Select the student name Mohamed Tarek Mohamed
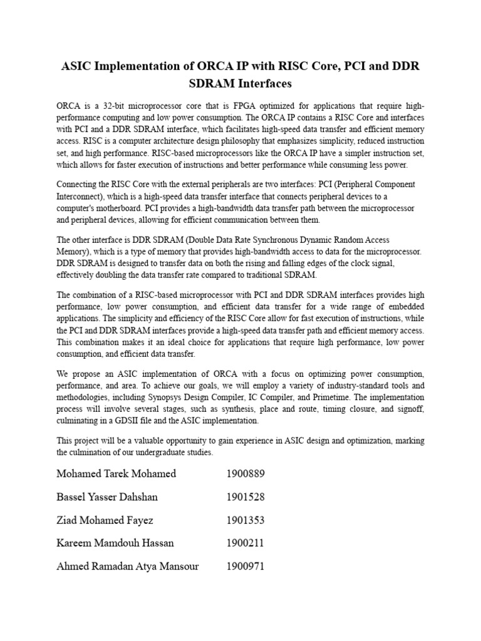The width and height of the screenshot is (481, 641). click(116, 473)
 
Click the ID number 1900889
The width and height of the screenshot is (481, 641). click(246, 473)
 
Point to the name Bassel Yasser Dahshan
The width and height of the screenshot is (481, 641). click(107, 497)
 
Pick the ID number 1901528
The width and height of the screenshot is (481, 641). click(246, 497)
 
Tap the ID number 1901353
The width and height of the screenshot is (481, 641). click(246, 520)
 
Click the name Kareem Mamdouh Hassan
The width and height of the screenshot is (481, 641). click(115, 543)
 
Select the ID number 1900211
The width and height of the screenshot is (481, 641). click(246, 543)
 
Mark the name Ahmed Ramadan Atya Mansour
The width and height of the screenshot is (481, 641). click(128, 567)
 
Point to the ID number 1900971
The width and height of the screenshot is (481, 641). click(246, 567)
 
